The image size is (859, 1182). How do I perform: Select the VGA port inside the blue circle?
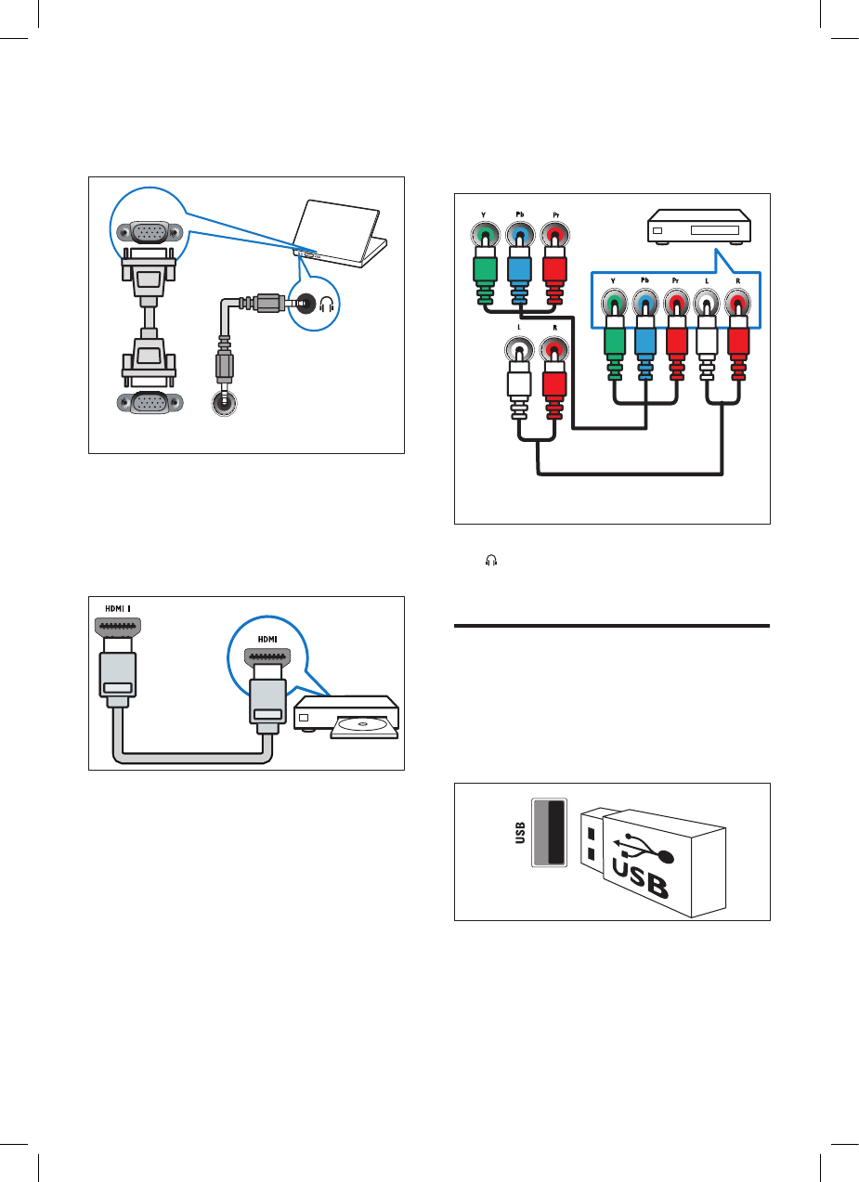pos(150,232)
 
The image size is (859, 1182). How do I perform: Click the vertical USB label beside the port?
pos(520,833)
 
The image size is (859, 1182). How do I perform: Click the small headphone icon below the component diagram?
pos(492,560)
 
